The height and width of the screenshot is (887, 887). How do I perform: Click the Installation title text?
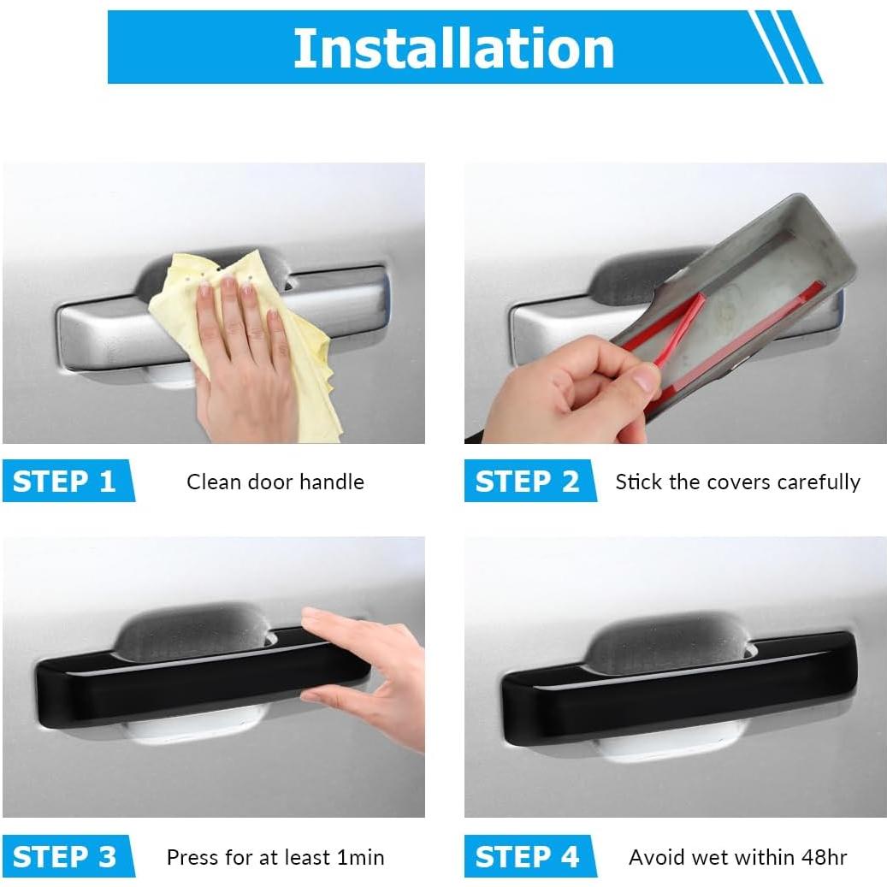click(453, 48)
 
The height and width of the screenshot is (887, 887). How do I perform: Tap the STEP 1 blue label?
click(68, 481)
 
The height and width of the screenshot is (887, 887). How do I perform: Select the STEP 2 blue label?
click(530, 481)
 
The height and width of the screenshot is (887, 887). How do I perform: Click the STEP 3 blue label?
click(68, 856)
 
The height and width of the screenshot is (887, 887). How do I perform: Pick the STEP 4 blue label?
click(530, 856)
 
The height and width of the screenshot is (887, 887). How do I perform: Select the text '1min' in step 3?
click(360, 858)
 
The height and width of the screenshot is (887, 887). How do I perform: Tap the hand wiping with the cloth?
click(243, 362)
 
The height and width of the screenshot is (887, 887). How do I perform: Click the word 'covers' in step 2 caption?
click(738, 482)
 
